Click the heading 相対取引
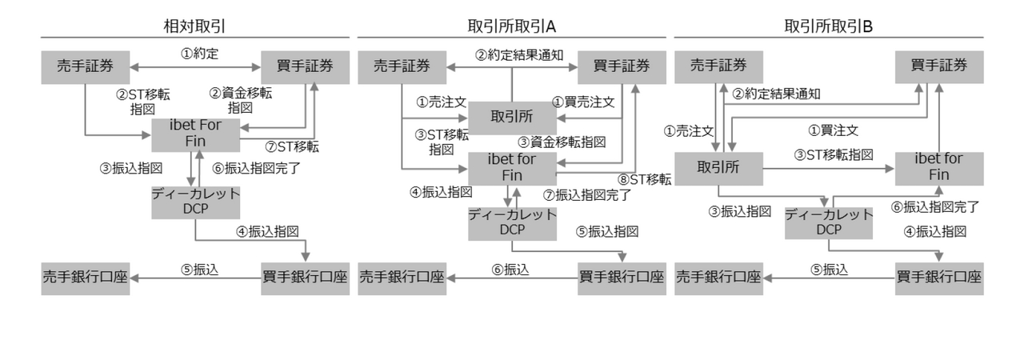coord(194,26)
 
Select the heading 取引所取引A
coord(511,26)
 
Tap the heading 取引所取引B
coord(828,26)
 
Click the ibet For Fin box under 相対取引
coord(196,134)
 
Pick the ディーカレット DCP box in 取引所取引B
coord(829,223)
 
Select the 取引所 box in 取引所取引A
coord(512,118)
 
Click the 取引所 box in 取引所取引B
coord(718,169)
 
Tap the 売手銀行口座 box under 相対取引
coord(86,278)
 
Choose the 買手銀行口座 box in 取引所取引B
coord(939,278)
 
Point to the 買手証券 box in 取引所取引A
coord(622,67)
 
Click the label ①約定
coord(199,54)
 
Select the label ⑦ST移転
coord(292,146)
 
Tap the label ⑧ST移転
coord(645,179)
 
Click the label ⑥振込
coord(510,270)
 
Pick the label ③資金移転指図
coord(562,142)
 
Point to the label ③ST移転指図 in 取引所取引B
coord(834,155)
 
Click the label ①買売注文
coord(583,102)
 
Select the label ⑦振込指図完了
coord(587,195)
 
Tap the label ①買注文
coord(834,130)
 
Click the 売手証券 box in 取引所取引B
coord(718,67)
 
